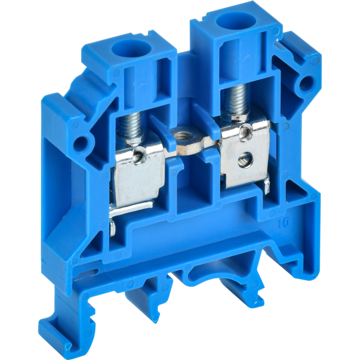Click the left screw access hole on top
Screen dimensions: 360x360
(x=131, y=49)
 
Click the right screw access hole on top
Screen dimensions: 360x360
(x=237, y=21)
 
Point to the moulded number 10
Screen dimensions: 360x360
(x=284, y=223)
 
